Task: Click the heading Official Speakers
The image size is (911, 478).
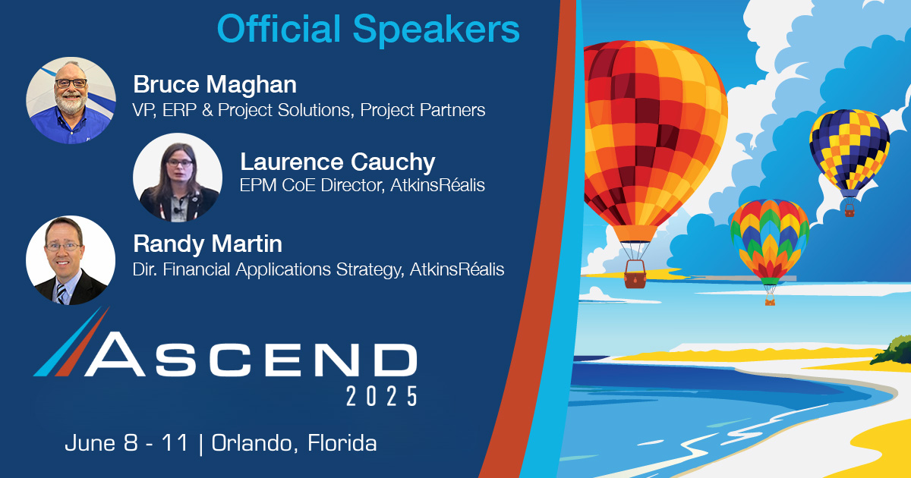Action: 368,29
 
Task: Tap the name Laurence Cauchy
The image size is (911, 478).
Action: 337,162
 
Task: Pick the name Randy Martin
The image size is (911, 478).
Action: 207,244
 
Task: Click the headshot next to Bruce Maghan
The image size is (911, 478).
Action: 71,99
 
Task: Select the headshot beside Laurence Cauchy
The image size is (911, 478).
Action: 177,178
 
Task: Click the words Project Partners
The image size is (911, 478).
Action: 423,110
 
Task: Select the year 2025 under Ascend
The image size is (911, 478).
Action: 381,395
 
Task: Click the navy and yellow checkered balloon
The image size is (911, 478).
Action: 849,148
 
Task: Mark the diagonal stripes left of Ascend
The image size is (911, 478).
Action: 72,341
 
